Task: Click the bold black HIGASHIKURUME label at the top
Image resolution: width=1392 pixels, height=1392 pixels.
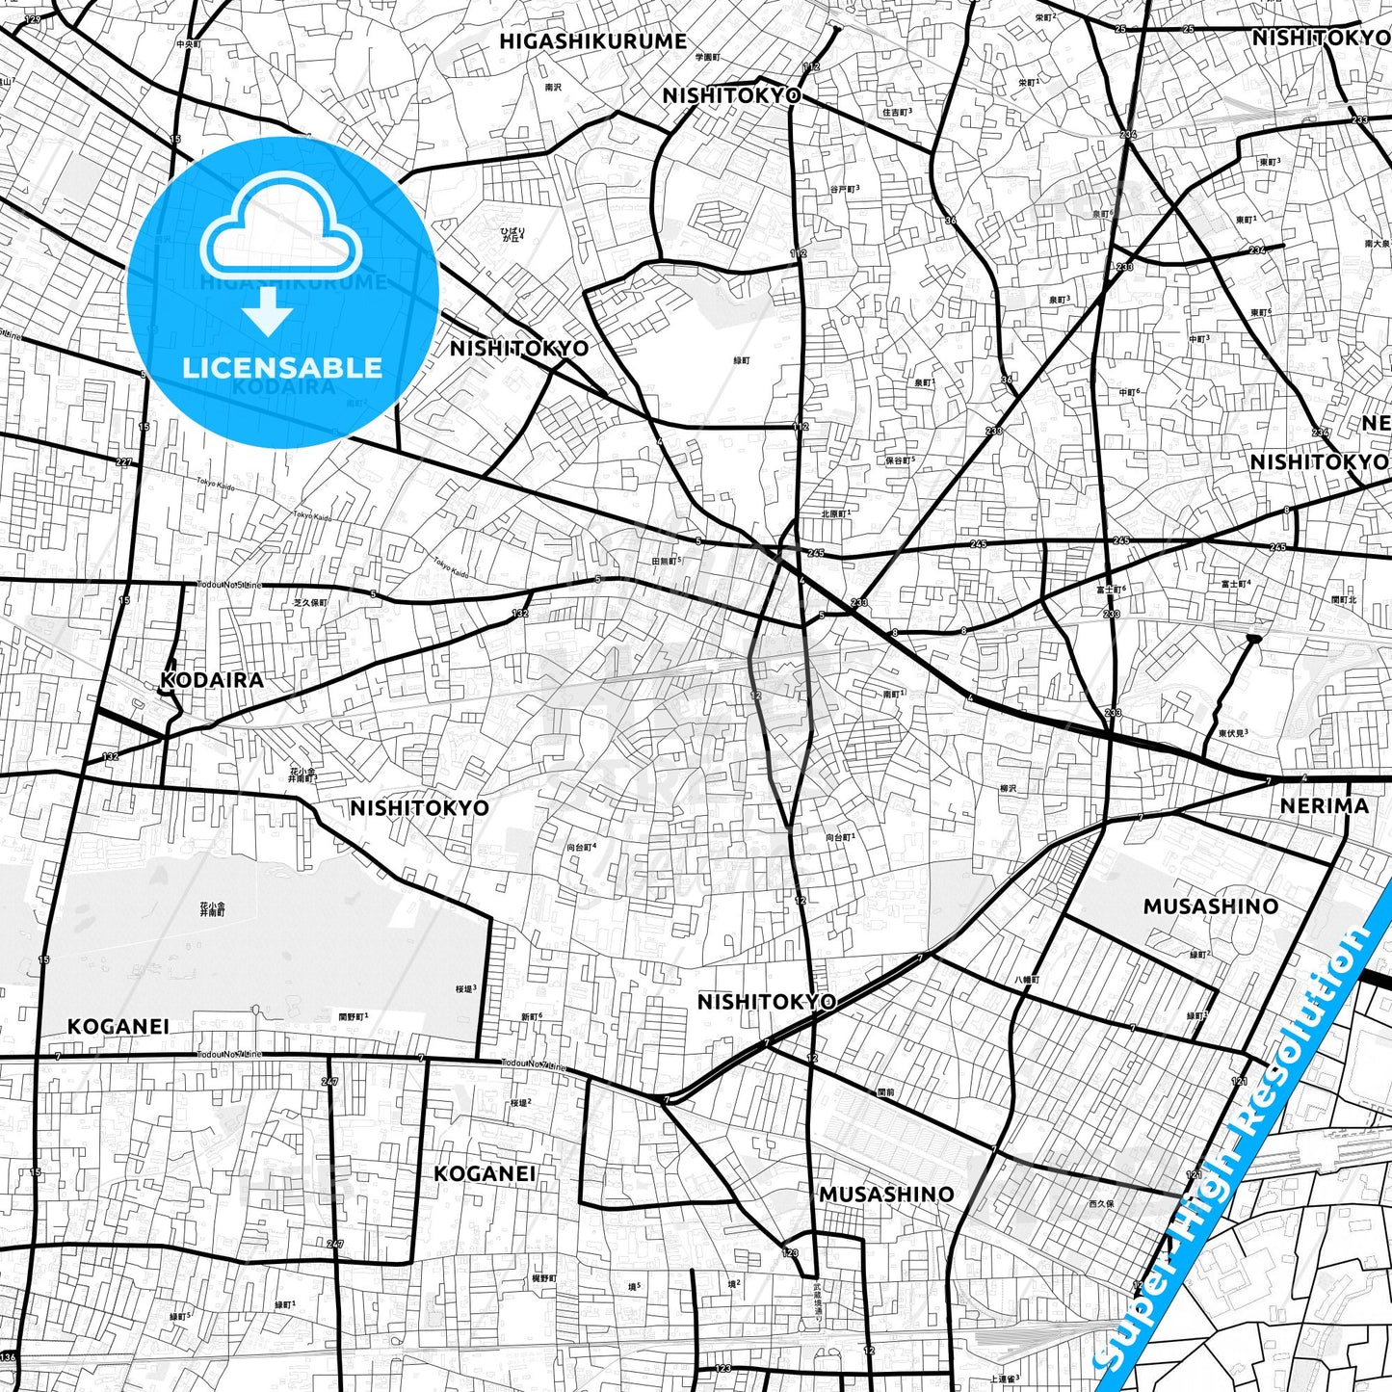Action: (x=592, y=41)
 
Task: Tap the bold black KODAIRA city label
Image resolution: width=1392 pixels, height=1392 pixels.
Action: (x=212, y=679)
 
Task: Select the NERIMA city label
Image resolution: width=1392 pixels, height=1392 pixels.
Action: (x=1324, y=805)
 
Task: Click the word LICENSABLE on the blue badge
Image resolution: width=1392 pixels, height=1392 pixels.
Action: (x=282, y=367)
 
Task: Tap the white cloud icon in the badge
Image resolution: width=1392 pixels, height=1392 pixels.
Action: (x=280, y=227)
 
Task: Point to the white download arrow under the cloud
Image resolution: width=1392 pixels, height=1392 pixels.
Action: (x=268, y=311)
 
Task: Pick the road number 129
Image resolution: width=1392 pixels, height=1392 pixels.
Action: (x=33, y=19)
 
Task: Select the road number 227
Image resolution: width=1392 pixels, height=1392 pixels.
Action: (x=123, y=462)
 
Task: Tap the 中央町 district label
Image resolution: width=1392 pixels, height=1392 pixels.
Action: (x=188, y=43)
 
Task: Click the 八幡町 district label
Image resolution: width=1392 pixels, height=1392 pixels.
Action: (x=1027, y=979)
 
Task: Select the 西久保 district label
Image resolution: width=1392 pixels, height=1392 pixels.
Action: (x=1101, y=1203)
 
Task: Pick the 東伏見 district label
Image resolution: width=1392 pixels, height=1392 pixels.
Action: (x=1232, y=733)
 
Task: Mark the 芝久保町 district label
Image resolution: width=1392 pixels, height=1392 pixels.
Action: (x=310, y=603)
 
